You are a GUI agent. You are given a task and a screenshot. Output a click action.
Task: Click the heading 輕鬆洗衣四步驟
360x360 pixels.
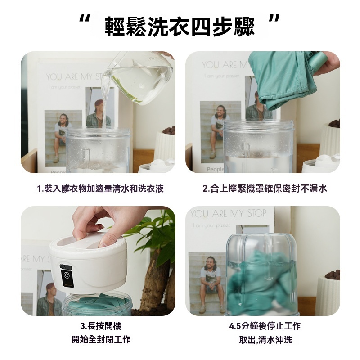pyautogui.click(x=180, y=27)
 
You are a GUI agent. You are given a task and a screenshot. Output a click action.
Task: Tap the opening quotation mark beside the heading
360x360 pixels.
pyautogui.click(x=84, y=19)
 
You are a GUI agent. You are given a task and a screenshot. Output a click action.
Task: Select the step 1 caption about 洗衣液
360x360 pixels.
pyautogui.click(x=100, y=189)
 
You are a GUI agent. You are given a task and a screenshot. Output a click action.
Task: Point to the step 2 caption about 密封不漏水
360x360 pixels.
pyautogui.click(x=265, y=189)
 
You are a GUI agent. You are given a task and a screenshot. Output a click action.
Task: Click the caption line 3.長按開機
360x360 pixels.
pyautogui.click(x=101, y=326)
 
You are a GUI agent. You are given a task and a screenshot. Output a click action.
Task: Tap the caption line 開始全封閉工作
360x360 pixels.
pyautogui.click(x=101, y=339)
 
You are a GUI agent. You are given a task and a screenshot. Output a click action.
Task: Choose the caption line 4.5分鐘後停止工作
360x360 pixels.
pyautogui.click(x=265, y=326)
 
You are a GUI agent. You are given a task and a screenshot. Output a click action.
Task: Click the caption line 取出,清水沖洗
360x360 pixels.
pyautogui.click(x=265, y=340)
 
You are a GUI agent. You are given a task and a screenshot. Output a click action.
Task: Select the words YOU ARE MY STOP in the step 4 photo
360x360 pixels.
pyautogui.click(x=229, y=214)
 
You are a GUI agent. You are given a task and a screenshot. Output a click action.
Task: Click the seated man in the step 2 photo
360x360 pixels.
pyautogui.click(x=219, y=131)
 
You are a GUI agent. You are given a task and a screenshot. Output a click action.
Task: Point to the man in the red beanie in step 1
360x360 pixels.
pyautogui.click(x=99, y=114)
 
